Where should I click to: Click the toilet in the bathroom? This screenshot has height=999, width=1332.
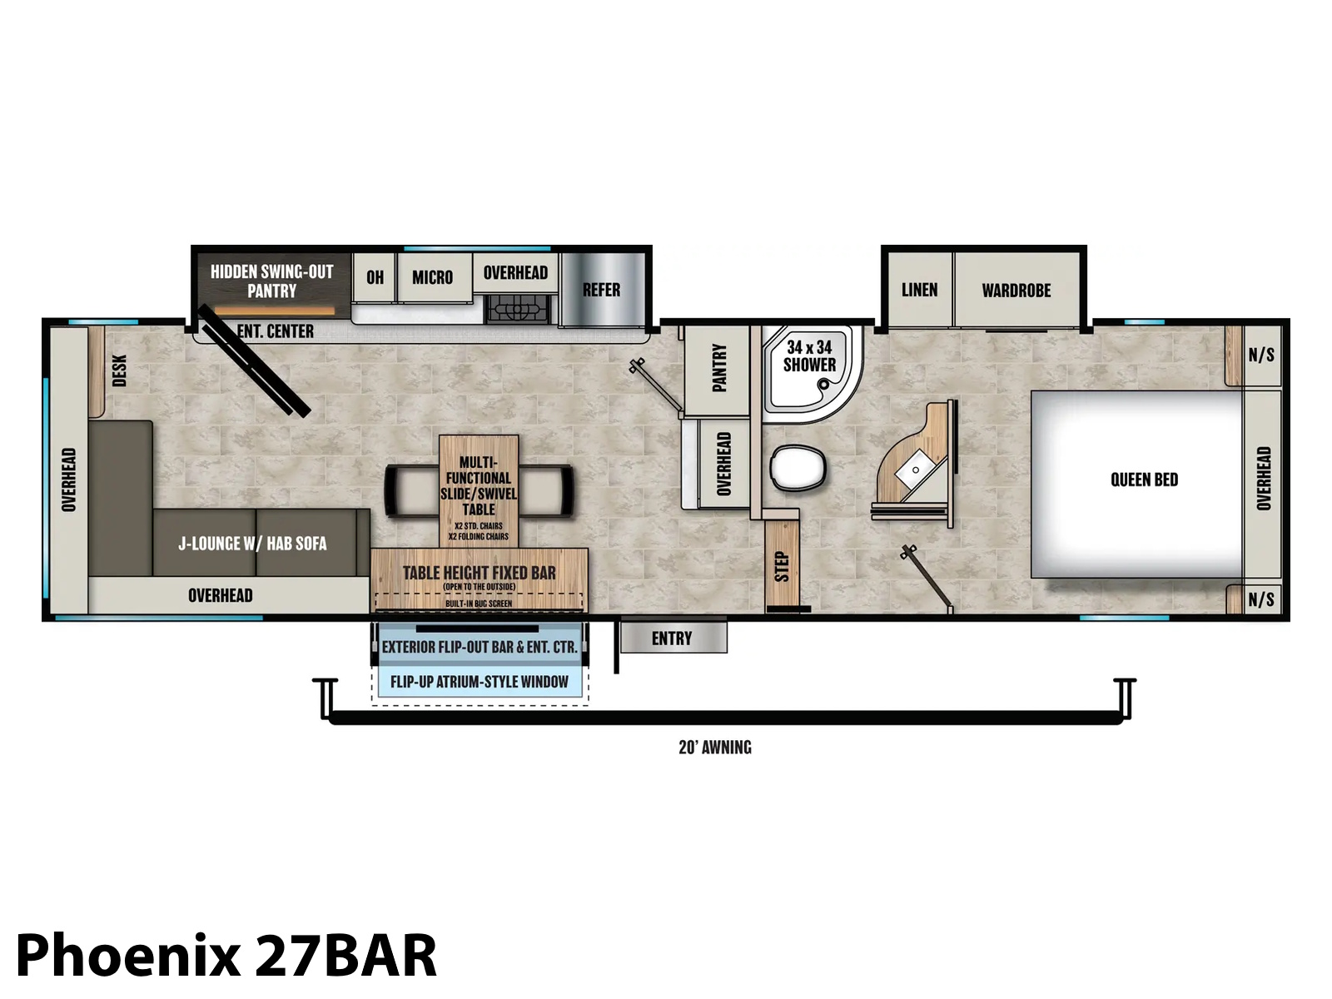point(798,468)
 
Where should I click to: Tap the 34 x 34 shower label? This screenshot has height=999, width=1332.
point(809,356)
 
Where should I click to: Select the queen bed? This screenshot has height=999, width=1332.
point(1136,484)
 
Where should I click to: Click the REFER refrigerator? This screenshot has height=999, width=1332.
point(602,290)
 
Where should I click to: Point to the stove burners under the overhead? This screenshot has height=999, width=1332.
point(516,309)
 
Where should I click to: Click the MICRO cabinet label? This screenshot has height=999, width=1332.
point(433,277)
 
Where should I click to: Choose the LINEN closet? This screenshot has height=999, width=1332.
point(919,290)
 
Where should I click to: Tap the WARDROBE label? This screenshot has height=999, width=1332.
point(1016,291)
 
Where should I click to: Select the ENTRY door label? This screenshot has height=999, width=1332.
point(672,638)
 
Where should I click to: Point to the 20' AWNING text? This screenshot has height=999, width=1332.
point(715,748)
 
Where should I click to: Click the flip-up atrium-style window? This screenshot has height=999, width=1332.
point(480,682)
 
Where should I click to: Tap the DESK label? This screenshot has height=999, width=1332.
point(120,370)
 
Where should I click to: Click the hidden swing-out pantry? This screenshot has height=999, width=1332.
point(272,285)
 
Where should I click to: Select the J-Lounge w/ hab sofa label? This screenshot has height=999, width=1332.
point(252,543)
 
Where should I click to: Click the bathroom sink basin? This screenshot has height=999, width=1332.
point(914,469)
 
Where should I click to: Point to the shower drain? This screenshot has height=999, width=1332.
point(823,384)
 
